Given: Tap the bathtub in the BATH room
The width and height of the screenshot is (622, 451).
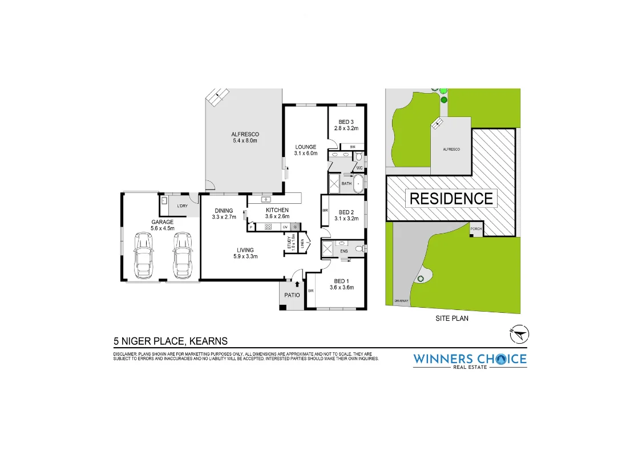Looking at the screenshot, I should [358, 184].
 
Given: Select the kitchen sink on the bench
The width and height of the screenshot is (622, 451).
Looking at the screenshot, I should [266, 199].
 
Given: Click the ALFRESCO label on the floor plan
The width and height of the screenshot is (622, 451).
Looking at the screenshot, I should [245, 134].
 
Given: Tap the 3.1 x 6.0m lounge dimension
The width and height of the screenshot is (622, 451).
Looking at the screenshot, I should [305, 153].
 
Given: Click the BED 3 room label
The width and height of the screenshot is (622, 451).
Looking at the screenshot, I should [346, 122].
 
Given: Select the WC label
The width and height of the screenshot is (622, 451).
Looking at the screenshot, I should [360, 168].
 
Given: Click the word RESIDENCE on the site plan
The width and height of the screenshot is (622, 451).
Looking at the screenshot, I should [451, 199].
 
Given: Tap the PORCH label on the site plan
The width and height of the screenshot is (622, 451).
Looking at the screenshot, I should [476, 229].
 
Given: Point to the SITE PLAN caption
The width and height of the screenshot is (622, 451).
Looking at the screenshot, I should [451, 319].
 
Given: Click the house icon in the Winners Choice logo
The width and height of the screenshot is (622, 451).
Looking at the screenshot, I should [500, 359].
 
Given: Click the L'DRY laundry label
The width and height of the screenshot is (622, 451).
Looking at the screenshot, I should [183, 206].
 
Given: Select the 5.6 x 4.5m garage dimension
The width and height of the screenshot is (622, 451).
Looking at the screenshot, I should [162, 228].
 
